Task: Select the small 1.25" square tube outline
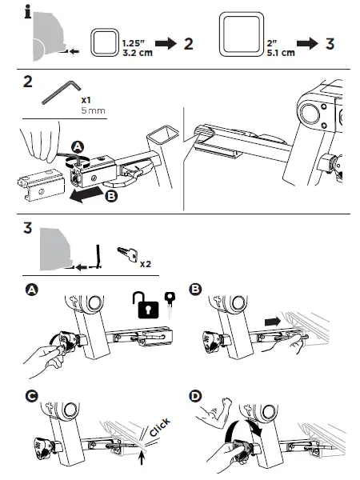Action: tap(106, 42)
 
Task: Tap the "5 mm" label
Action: tap(93, 113)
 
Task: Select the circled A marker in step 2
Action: tap(77, 146)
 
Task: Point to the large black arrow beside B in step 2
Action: tap(85, 195)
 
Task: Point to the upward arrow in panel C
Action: tap(142, 459)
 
